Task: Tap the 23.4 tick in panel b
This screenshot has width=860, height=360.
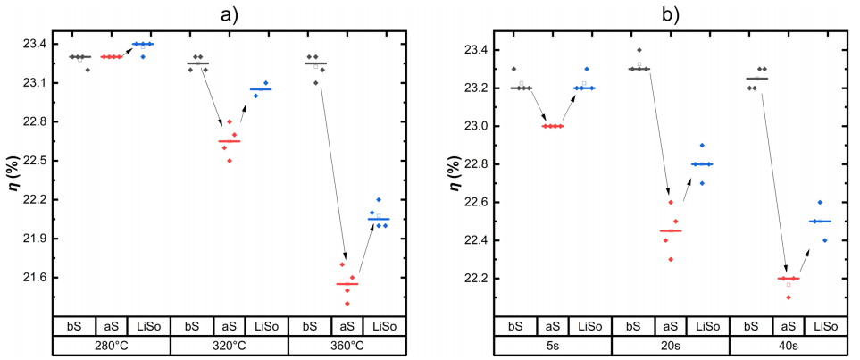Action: (480, 50)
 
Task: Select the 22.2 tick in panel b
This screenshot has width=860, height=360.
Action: (480, 279)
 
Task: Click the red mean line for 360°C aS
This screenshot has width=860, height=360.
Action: (347, 284)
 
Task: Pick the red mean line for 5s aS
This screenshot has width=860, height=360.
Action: (553, 126)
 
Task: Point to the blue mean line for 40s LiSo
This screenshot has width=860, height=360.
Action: (820, 222)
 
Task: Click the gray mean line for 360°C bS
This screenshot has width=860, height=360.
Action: (315, 63)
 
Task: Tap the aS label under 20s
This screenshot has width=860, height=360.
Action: (672, 325)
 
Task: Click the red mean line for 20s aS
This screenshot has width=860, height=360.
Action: (671, 231)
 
